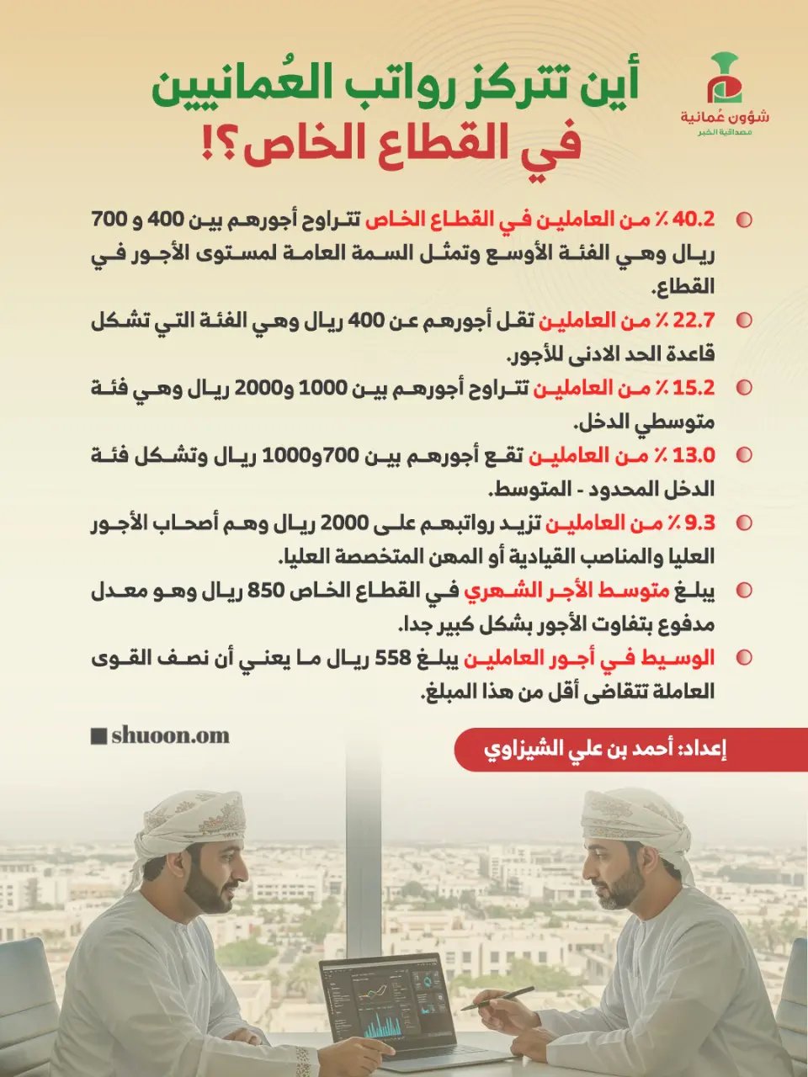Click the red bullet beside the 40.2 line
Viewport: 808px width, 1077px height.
(x=744, y=220)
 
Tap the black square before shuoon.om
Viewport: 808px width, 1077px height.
(x=98, y=736)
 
